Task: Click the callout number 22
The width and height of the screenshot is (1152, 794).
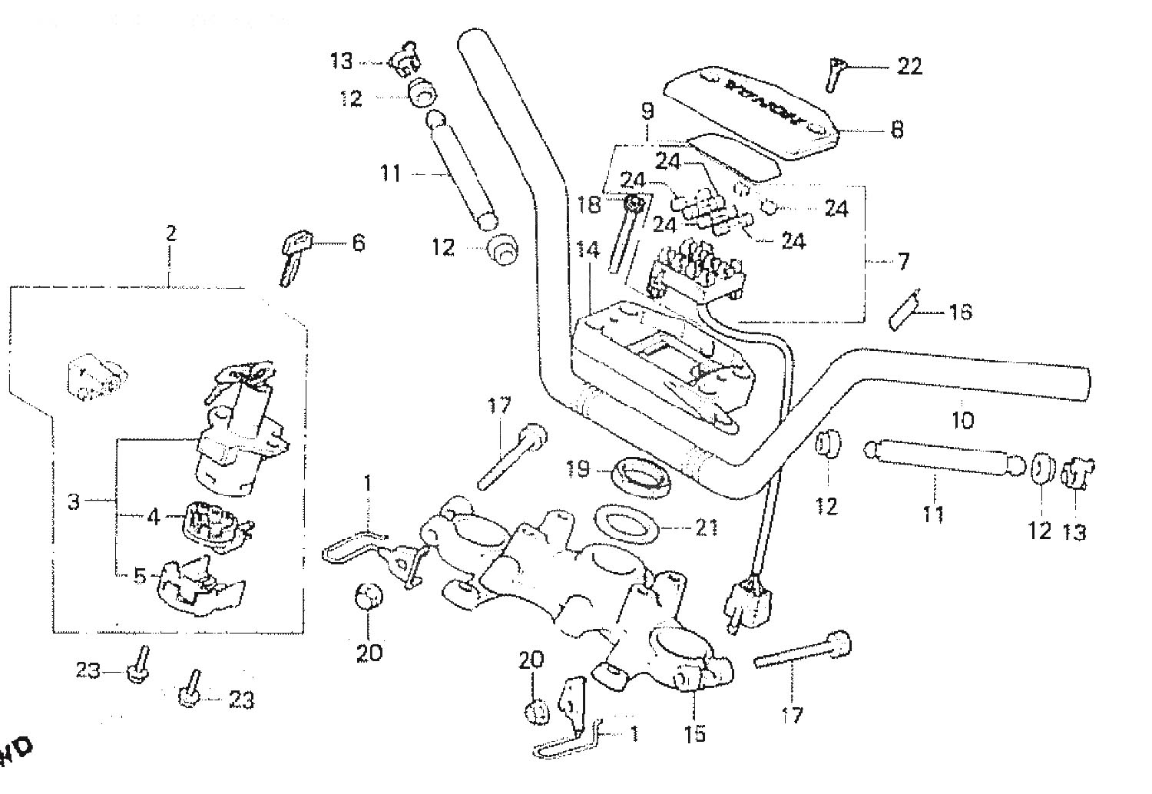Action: coord(909,67)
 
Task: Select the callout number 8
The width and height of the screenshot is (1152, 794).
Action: coord(896,129)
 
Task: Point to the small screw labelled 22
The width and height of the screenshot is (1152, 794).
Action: coord(836,74)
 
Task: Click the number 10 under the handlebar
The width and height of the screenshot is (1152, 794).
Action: coord(962,420)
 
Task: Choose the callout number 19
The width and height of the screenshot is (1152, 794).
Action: coord(579,468)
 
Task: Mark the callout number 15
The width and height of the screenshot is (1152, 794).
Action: coord(694,733)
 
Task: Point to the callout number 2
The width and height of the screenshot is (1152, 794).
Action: coord(170,233)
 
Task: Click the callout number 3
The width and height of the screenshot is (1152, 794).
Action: coord(74,503)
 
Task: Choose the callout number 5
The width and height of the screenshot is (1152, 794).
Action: coord(139,575)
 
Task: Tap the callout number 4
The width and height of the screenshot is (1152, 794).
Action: coord(154,517)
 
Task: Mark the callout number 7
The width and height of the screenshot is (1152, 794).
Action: coord(903,261)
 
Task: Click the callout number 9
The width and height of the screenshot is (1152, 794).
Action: coord(647,111)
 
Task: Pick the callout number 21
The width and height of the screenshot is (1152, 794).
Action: coord(707,528)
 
